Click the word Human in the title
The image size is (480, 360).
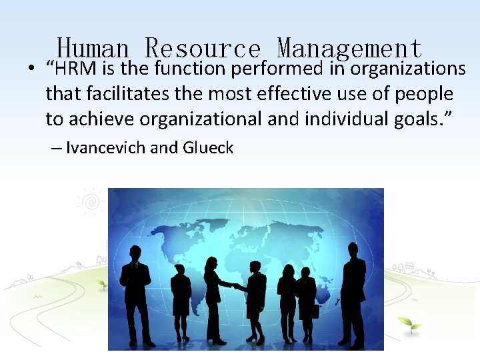pyautogui.click(x=93, y=48)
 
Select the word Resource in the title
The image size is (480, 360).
pyautogui.click(x=203, y=48)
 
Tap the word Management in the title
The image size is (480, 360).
pyautogui.click(x=349, y=48)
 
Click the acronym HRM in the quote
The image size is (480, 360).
pyautogui.click(x=79, y=69)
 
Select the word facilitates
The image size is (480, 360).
pyautogui.click(x=125, y=94)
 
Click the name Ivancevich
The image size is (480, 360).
pyautogui.click(x=107, y=147)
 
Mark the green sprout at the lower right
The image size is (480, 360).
pyautogui.click(x=409, y=324)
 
